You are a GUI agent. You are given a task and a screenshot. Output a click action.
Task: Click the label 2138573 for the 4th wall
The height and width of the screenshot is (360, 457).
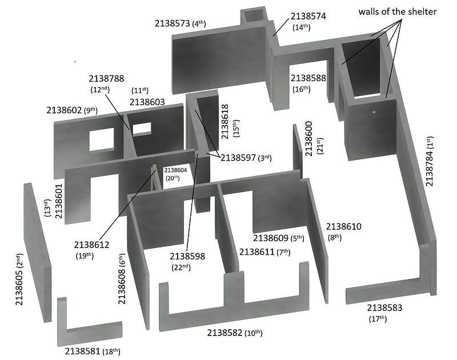[x=173, y=23]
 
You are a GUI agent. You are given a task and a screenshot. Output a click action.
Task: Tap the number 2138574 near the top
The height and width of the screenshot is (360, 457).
[x=308, y=16]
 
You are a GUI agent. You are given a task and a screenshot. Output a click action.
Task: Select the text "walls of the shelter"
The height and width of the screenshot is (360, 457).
[x=398, y=11]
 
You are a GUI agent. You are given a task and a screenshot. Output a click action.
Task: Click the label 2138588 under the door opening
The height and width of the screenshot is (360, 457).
[x=308, y=78]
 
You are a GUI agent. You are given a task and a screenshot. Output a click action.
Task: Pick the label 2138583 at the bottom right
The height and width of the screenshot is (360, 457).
[x=384, y=307]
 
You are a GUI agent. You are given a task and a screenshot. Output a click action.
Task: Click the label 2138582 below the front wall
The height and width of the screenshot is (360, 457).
[x=225, y=333]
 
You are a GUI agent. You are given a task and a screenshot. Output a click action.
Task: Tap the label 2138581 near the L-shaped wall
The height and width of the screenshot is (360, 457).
[x=82, y=351]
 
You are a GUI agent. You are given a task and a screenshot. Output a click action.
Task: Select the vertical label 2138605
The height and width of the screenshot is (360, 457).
[x=19, y=288]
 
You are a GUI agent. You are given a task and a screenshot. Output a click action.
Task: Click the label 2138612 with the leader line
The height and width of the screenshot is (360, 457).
[x=91, y=245]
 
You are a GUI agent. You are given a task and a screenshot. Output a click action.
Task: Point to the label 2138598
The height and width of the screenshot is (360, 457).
[x=187, y=256]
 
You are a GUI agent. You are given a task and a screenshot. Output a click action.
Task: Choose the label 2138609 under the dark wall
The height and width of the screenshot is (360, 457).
[x=271, y=238]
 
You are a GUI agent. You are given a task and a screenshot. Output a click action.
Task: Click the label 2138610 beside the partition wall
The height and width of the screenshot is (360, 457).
[x=344, y=226]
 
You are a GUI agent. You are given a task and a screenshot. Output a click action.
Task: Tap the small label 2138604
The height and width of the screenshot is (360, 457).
[x=175, y=170]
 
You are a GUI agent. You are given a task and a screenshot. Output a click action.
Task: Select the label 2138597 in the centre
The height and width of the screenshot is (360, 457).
[x=238, y=158]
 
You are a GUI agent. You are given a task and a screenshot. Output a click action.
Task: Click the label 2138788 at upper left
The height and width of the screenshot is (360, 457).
[x=106, y=78]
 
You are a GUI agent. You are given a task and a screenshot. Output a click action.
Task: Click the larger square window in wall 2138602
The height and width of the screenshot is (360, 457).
[x=102, y=139]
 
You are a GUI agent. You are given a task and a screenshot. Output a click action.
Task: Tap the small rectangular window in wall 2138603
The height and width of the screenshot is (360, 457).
[x=142, y=129]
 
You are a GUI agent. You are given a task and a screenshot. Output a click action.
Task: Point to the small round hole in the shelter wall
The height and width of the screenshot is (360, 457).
[x=374, y=112]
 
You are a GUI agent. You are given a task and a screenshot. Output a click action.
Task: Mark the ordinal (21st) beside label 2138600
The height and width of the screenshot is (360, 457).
[x=320, y=146]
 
